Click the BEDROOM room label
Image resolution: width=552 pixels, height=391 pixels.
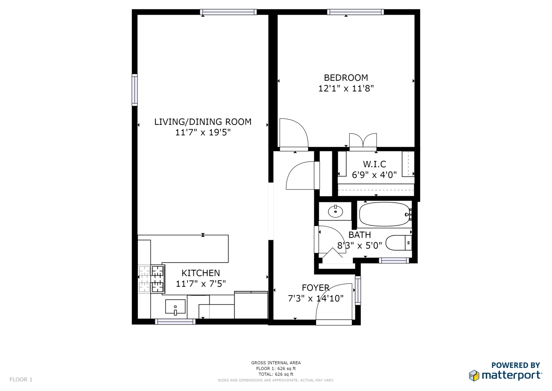pos(346,78)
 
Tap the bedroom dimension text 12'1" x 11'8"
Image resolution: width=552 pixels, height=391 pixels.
pos(346,88)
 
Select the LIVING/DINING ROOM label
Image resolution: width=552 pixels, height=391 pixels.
pos(203,122)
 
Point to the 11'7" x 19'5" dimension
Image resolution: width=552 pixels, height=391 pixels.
pos(203,133)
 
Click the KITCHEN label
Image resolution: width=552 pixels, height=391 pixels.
pos(201,273)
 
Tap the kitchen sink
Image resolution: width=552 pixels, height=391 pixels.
pos(175,307)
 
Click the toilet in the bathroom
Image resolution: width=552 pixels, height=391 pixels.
pos(398,243)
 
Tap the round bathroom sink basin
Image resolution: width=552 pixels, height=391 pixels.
pos(335,211)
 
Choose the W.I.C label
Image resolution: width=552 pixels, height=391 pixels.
pos(374,164)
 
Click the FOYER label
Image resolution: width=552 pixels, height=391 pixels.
pos(316,288)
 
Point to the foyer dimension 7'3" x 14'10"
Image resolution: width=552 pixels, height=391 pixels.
pos(316,299)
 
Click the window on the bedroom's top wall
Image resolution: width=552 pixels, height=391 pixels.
pos(355,12)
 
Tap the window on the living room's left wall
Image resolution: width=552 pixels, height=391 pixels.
pos(134,90)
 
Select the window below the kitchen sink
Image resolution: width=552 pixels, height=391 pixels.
pos(175,322)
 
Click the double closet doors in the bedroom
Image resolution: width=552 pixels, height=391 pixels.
pos(363,142)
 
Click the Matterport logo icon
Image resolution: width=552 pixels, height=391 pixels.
pos(474,376)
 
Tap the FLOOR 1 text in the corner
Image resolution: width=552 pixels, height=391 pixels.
pos(21,380)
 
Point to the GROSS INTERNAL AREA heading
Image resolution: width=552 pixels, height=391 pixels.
pos(276,363)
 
